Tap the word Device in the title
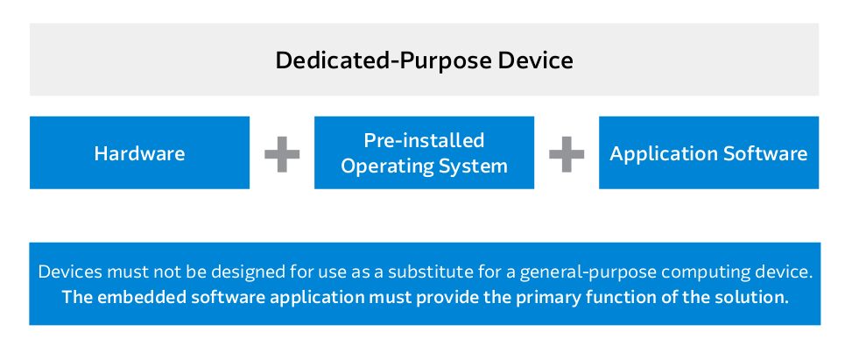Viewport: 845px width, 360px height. tap(536, 60)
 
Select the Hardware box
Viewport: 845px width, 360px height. tap(139, 152)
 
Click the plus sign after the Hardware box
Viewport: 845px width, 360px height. tap(282, 154)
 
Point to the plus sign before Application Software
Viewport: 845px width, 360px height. tap(567, 154)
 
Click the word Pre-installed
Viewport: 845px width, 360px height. tap(424, 141)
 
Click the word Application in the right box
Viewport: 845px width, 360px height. tap(664, 155)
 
